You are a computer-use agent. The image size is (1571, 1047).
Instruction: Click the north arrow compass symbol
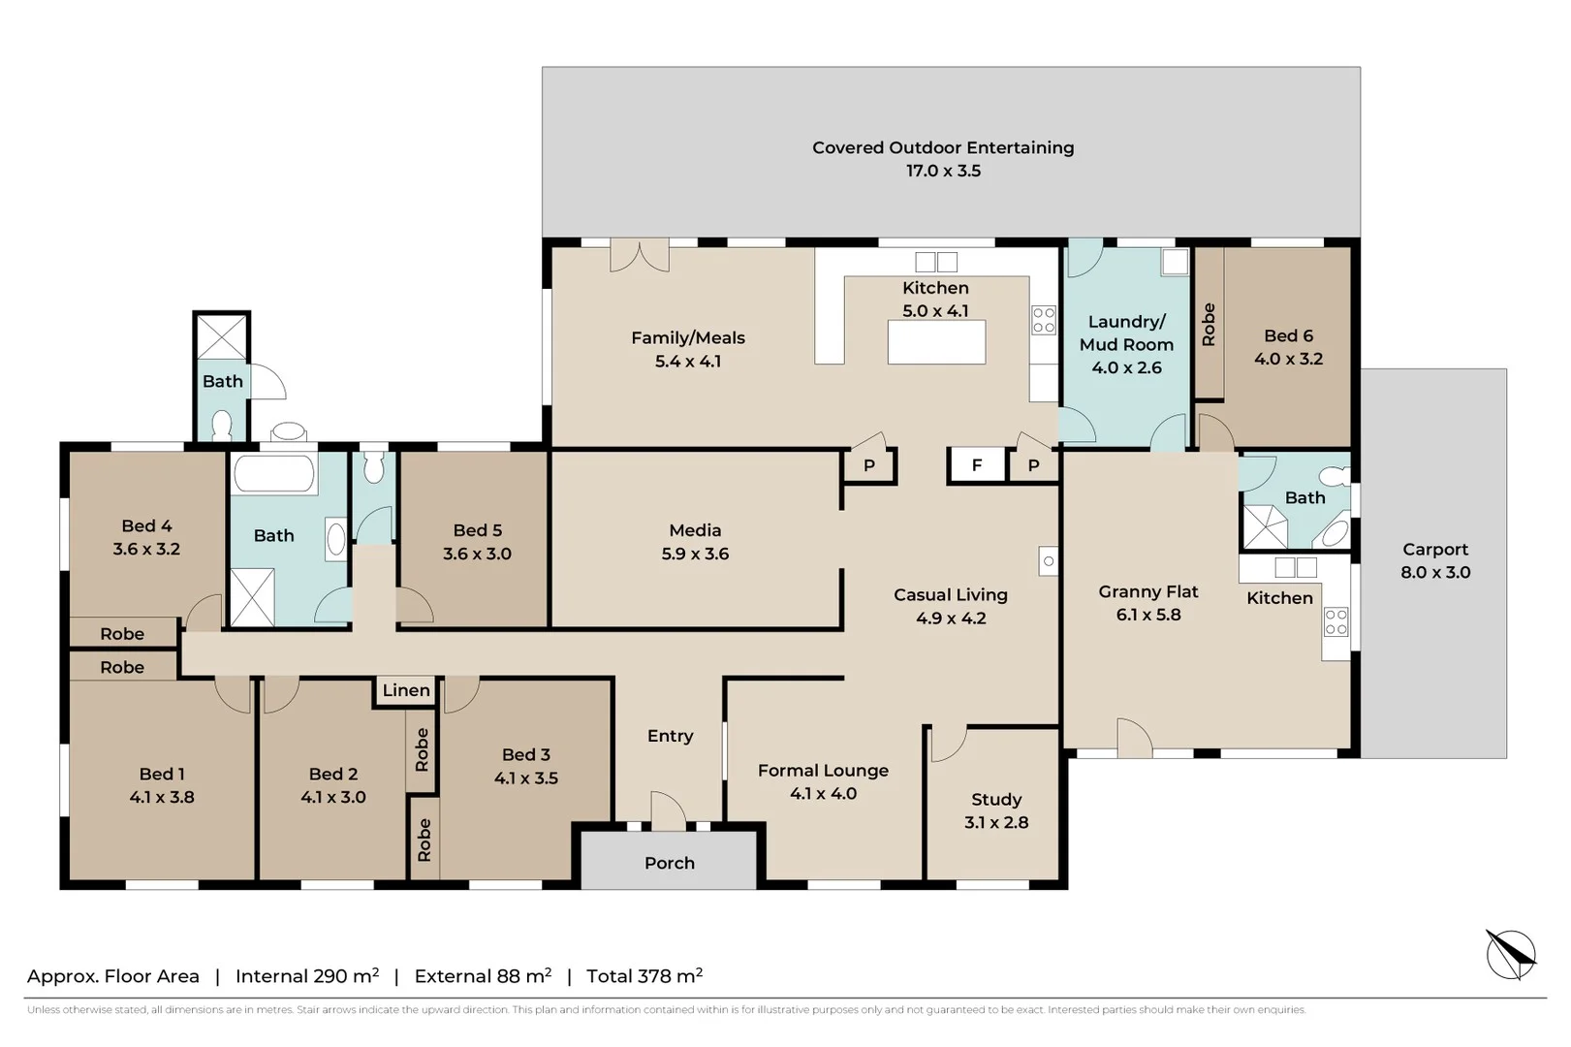coord(1511,954)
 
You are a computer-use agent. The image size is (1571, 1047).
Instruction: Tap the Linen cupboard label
coord(406,690)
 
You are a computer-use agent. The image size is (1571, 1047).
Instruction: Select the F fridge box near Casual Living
coord(977,465)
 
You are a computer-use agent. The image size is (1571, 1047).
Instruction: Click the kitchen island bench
coord(936,342)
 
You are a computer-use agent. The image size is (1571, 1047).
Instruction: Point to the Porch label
coord(670,863)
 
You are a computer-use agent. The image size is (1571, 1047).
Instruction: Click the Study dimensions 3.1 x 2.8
coord(996,822)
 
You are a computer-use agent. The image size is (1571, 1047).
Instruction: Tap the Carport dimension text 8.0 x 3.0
coord(1435,572)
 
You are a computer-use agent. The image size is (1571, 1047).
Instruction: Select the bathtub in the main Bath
coord(273,473)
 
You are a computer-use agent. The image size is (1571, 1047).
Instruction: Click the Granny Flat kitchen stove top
coord(1336,621)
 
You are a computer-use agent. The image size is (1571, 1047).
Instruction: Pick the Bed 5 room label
coord(478,530)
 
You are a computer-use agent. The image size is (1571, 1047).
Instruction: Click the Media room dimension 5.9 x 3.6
coord(695,554)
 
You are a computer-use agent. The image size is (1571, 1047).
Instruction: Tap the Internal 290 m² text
coord(307,975)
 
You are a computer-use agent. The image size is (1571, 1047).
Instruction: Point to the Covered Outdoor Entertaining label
coord(943,147)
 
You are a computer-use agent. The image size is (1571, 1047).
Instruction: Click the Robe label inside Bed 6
coord(1209,324)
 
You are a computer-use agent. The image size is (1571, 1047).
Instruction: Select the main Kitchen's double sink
coord(936,262)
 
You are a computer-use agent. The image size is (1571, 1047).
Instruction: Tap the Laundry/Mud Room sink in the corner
coord(1175,262)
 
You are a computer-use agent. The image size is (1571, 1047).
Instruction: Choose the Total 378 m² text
coord(644,975)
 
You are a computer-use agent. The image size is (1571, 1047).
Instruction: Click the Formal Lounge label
coord(824,771)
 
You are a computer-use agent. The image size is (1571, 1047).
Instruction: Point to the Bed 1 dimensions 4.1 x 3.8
coord(162,797)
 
